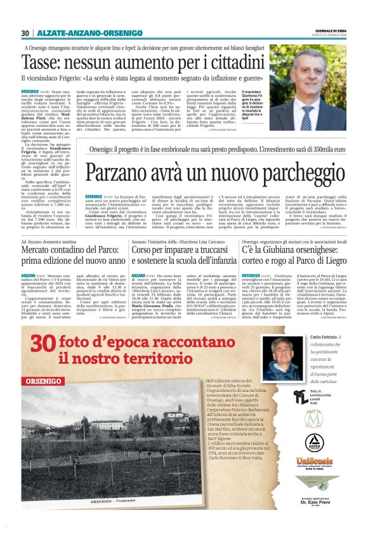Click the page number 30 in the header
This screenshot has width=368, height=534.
pos(25,33)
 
